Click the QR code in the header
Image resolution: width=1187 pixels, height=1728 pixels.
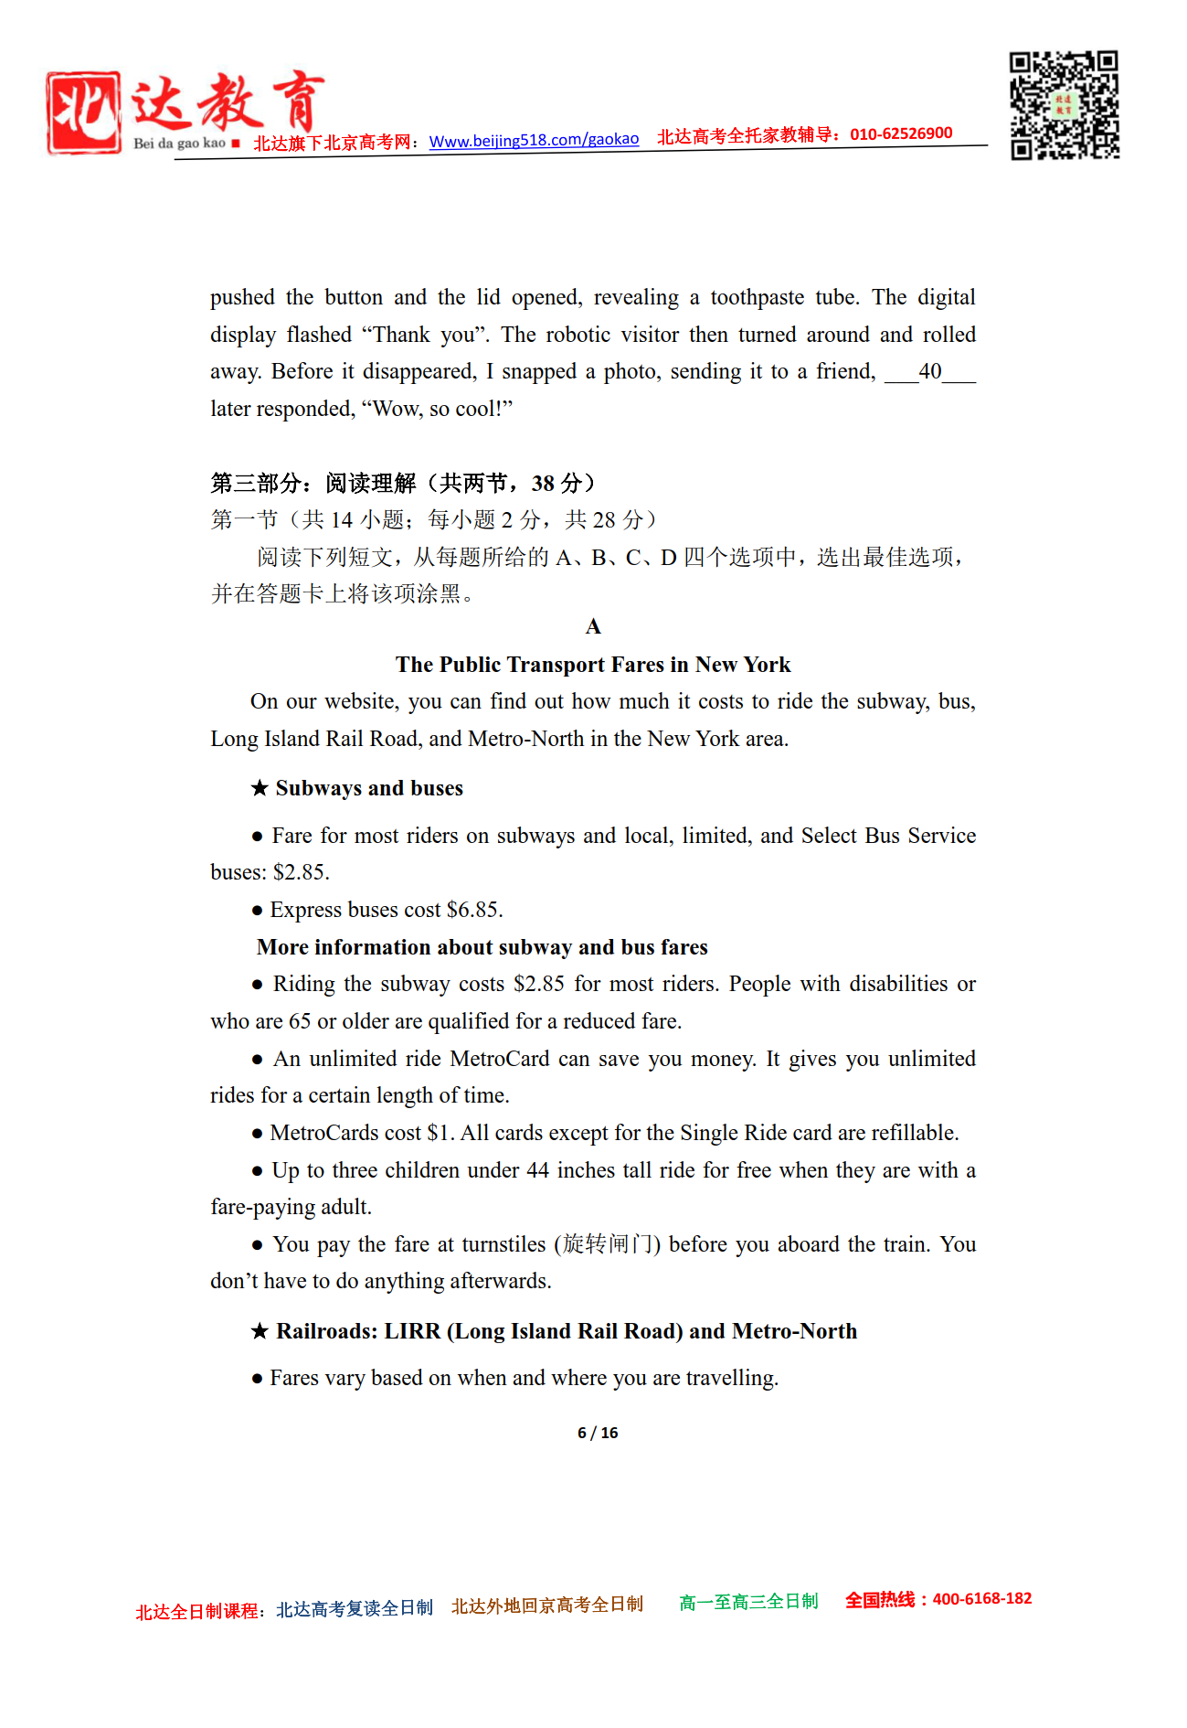click(x=1064, y=105)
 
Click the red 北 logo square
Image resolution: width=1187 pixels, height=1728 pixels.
click(x=83, y=112)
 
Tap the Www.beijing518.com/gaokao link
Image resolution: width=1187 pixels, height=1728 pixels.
click(x=534, y=140)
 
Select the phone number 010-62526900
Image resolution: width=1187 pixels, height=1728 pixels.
click(x=901, y=133)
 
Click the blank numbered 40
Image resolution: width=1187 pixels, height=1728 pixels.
click(x=929, y=371)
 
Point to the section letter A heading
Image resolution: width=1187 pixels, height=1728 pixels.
click(x=593, y=626)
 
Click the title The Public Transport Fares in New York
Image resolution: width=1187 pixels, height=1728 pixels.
click(x=593, y=665)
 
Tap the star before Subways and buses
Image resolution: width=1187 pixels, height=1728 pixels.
click(x=260, y=788)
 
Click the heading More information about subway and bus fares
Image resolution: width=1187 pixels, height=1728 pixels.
click(x=482, y=947)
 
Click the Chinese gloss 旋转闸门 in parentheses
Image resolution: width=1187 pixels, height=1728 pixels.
click(x=608, y=1244)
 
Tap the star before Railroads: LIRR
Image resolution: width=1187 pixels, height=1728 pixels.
click(x=260, y=1331)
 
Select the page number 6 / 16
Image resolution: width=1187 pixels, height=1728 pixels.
click(x=598, y=1433)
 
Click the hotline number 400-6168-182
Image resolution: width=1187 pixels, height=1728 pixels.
click(x=981, y=1599)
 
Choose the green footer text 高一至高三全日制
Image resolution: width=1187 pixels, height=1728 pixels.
click(x=748, y=1602)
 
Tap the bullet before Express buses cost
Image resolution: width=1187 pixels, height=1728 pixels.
click(x=258, y=911)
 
